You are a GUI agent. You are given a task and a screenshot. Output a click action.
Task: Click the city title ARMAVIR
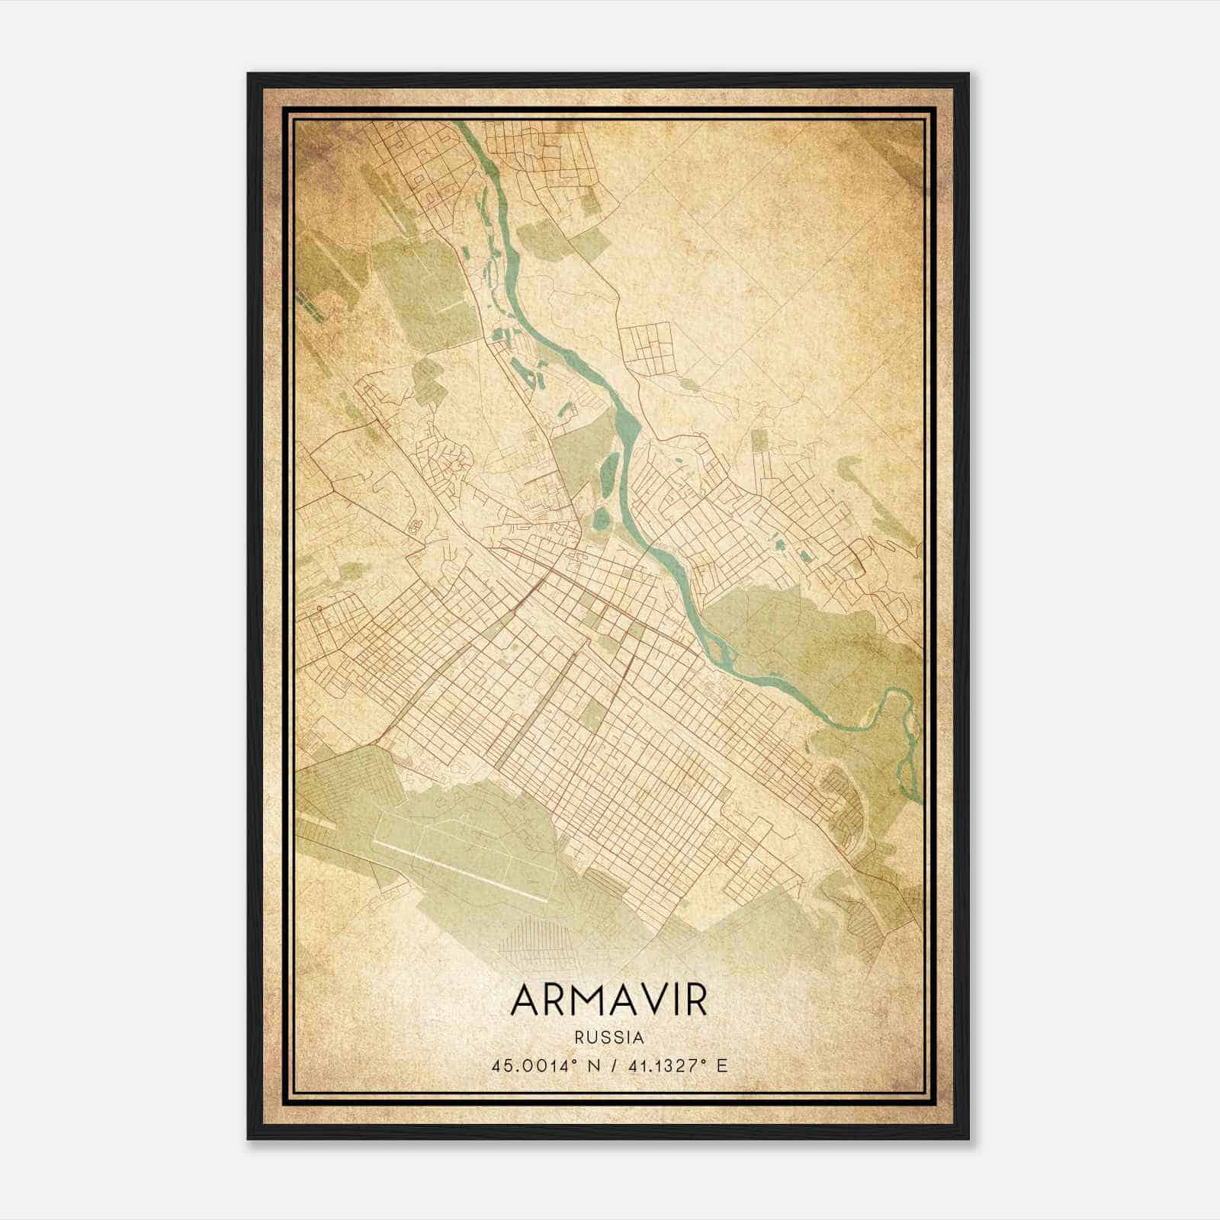pyautogui.click(x=609, y=1000)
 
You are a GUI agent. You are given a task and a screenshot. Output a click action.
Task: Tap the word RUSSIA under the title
pyautogui.click(x=609, y=1038)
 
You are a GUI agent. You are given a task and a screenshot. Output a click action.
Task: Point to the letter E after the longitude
pyautogui.click(x=722, y=1065)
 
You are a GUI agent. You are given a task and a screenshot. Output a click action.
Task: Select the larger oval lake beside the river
pyautogui.click(x=611, y=473)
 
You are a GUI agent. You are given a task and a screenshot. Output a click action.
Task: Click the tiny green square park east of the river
pyautogui.click(x=759, y=440)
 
